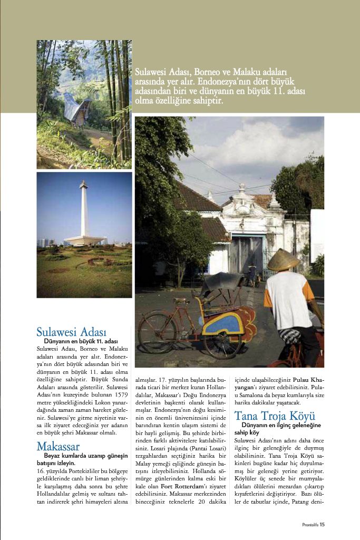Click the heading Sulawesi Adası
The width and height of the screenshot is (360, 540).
pos(71,332)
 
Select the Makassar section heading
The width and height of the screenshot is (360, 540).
pos(58,446)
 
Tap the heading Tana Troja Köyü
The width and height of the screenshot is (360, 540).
pos(275,415)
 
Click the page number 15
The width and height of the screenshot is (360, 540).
pos(322,524)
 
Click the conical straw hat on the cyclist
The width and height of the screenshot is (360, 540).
pos(284,259)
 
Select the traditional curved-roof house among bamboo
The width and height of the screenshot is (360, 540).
pos(76,110)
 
